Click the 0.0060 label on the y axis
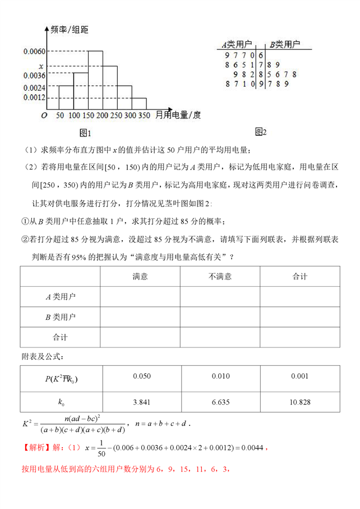[34, 52]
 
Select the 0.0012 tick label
[34, 97]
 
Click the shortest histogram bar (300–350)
[139, 104]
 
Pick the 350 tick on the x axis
[144, 116]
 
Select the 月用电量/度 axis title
[178, 116]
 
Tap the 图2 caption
[261, 132]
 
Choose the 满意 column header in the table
[140, 276]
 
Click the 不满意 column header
[220, 276]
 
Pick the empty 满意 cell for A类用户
[140, 296]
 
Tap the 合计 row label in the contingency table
[60, 337]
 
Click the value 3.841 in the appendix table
[140, 402]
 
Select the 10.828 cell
[300, 402]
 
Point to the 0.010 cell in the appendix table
[220, 377]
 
